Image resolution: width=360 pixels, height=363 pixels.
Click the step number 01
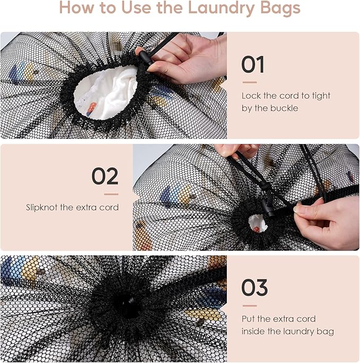pyautogui.click(x=252, y=64)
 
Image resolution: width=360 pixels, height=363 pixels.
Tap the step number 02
pyautogui.click(x=104, y=176)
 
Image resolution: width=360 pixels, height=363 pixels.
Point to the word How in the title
pyautogui.click(x=75, y=8)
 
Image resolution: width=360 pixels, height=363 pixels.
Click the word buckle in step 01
pyautogui.click(x=284, y=108)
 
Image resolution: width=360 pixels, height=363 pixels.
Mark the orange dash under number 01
pyautogui.click(x=249, y=82)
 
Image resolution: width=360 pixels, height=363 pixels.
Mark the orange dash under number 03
pyautogui.click(x=249, y=305)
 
